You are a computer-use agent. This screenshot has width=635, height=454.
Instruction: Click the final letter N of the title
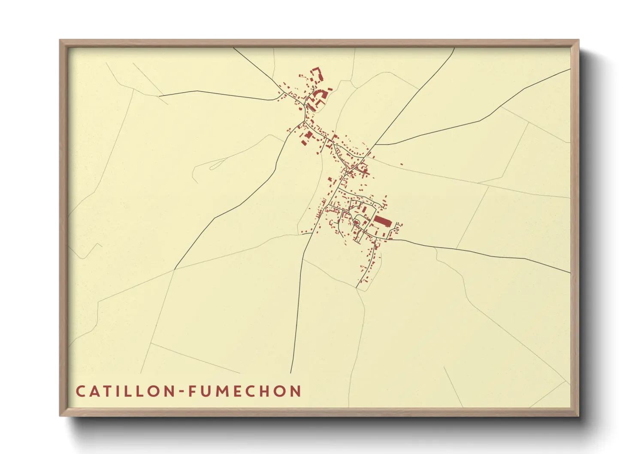click(x=296, y=391)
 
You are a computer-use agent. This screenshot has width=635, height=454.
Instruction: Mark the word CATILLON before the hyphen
click(x=125, y=391)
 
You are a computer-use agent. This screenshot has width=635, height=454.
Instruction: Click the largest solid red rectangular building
click(x=382, y=221)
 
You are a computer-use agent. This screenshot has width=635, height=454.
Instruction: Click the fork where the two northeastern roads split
click(x=375, y=145)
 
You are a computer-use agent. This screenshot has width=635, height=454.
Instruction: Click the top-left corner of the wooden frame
click(x=60, y=40)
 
